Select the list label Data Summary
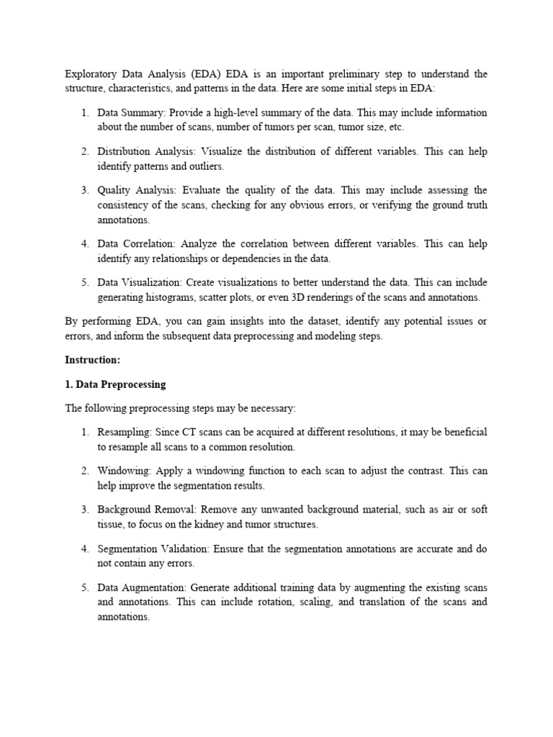[130, 113]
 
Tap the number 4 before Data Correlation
[84, 244]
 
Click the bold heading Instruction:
[93, 359]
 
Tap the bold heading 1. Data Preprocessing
[115, 384]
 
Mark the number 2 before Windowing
[84, 471]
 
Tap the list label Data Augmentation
[144, 588]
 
